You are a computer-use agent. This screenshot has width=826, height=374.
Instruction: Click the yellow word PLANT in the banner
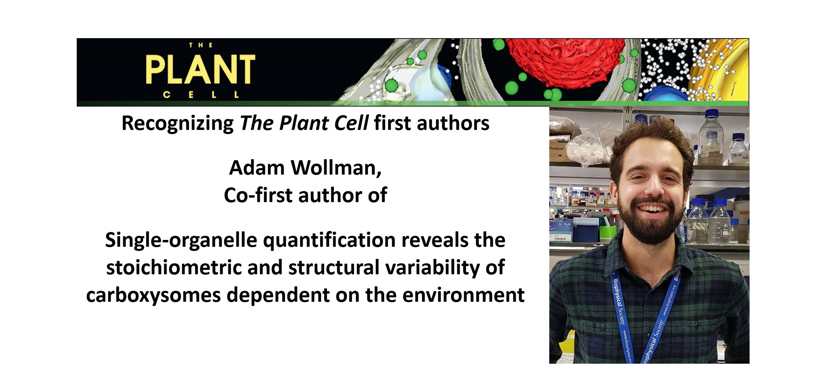pos(200,69)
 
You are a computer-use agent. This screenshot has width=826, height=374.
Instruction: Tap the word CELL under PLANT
pos(201,95)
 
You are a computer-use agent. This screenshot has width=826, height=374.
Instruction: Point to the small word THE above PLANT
pos(201,45)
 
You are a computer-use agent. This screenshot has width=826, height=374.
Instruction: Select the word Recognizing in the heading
pos(178,123)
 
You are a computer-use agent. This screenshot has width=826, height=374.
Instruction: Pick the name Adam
pos(257,168)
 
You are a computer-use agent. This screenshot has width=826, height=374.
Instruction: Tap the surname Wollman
pos(336,168)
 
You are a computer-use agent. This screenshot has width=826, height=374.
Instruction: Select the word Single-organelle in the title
pos(181,240)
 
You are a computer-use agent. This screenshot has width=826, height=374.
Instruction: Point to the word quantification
pos(329,240)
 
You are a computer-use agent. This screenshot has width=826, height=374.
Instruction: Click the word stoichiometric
pos(174,268)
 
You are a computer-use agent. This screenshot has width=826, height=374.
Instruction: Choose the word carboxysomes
pos(153,295)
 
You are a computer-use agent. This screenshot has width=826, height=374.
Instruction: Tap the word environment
pos(463,295)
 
